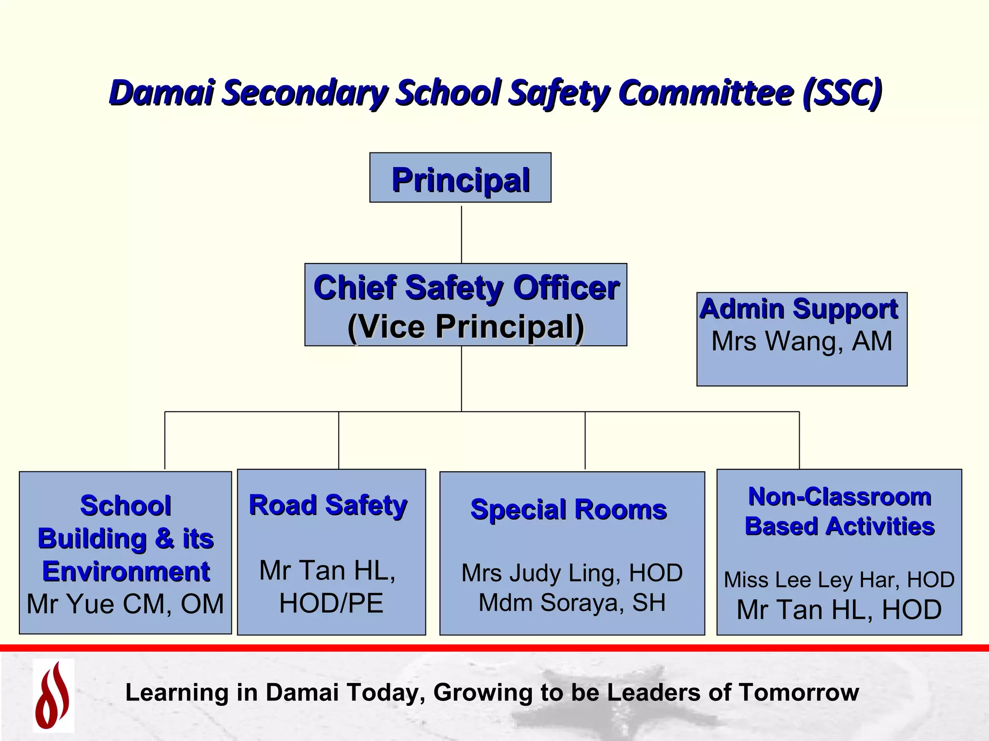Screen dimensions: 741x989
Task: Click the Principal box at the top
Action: click(x=460, y=178)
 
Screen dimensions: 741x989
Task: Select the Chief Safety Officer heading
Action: click(x=466, y=288)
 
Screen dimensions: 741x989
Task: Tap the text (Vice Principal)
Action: click(x=466, y=327)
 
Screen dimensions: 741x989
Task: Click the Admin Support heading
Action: click(x=799, y=309)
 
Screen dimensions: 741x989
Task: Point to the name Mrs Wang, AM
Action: click(x=802, y=342)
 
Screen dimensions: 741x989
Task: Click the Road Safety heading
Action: click(x=328, y=506)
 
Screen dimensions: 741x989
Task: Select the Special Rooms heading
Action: click(x=568, y=509)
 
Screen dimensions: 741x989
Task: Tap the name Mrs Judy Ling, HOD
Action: click(x=572, y=573)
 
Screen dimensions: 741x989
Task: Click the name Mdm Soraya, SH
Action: click(x=572, y=603)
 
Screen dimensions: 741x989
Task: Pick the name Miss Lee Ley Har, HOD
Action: click(x=839, y=580)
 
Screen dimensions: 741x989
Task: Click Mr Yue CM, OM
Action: click(x=125, y=604)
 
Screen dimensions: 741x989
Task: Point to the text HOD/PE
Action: click(x=331, y=603)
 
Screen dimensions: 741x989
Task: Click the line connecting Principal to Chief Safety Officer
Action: click(x=461, y=234)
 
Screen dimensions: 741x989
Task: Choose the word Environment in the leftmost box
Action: click(x=126, y=572)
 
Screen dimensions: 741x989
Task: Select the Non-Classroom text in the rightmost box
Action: click(x=839, y=497)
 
